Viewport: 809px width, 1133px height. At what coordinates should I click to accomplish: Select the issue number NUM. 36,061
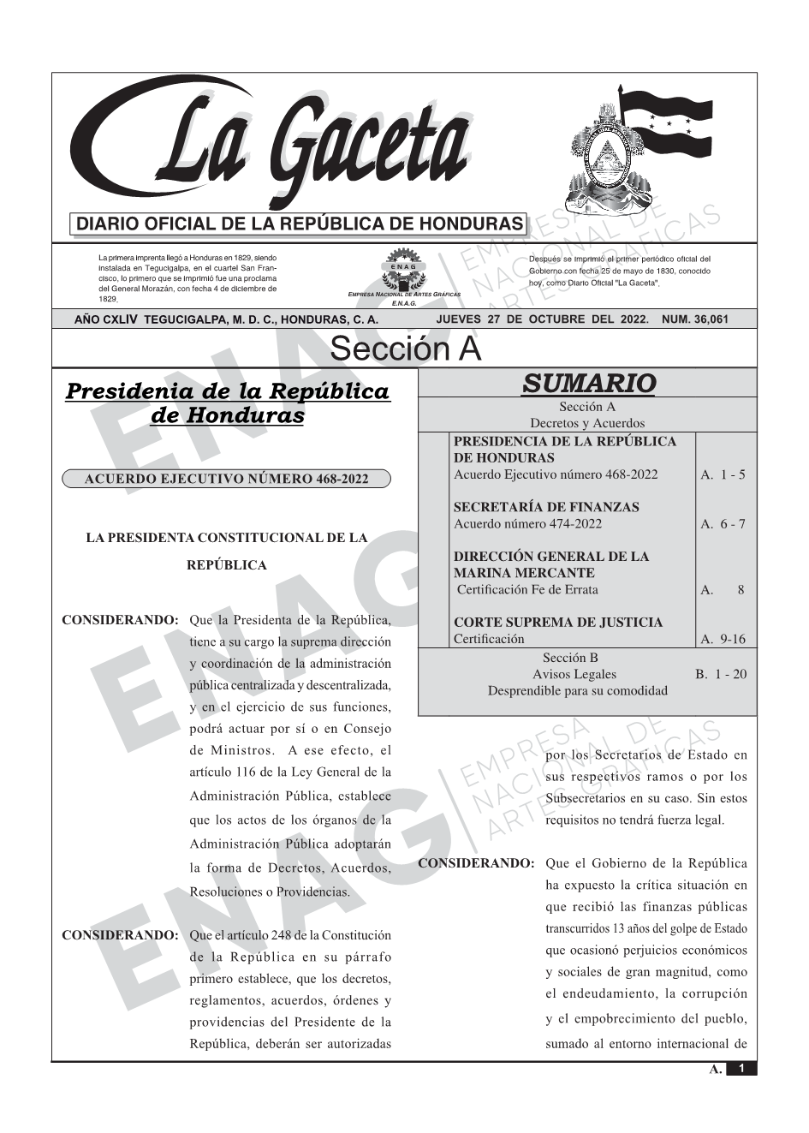(695, 319)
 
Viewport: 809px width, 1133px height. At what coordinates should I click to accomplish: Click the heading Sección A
(405, 349)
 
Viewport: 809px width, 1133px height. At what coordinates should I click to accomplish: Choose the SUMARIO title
(588, 383)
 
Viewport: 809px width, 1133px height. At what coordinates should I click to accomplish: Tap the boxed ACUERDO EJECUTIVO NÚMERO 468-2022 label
(226, 479)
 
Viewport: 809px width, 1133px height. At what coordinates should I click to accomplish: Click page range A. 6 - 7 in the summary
(723, 524)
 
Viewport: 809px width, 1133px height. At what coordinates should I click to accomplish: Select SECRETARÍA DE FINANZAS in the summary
(546, 507)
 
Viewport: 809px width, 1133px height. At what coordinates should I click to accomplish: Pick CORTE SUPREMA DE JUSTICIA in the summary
(557, 623)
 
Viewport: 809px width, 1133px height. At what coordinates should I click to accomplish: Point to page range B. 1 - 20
(720, 675)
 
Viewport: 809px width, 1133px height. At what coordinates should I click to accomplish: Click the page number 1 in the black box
(741, 1069)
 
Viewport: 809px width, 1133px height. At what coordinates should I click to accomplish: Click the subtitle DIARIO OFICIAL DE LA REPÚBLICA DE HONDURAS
(300, 224)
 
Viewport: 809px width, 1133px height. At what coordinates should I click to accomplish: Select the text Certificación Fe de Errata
(527, 590)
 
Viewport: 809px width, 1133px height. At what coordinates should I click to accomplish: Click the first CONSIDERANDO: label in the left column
(120, 620)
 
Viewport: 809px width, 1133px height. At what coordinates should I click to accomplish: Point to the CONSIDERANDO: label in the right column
(476, 863)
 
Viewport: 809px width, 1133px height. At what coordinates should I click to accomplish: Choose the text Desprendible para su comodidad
(578, 691)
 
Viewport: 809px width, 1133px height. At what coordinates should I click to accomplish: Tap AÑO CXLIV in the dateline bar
(106, 319)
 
